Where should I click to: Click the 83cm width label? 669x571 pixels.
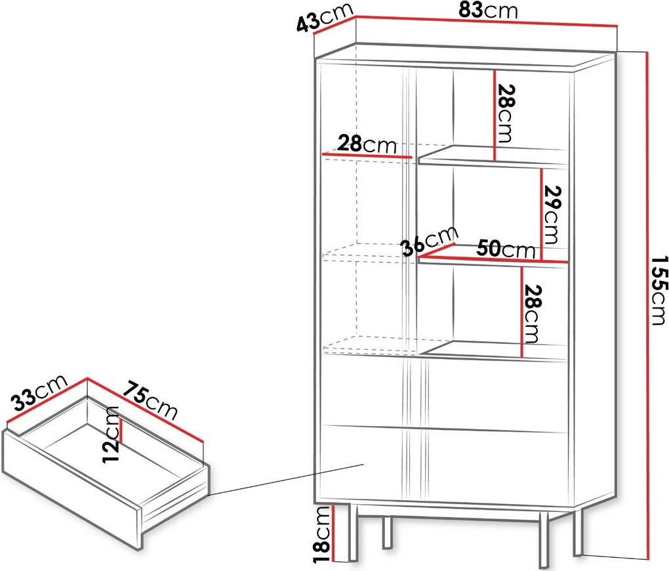[x=488, y=11]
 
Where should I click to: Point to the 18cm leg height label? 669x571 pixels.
[x=323, y=533]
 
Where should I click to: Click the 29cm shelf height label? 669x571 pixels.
[x=551, y=215]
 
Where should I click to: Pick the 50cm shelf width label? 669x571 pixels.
[x=506, y=248]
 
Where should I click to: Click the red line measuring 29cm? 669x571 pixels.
[x=541, y=214]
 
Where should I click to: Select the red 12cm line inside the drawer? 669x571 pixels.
[x=121, y=431]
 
